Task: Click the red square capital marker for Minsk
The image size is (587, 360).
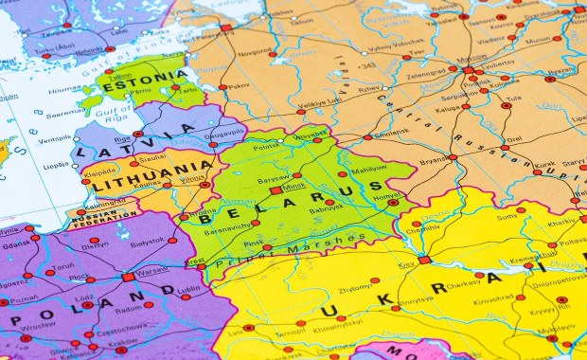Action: (x=276, y=189)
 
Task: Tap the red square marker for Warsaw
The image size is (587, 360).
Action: (x=128, y=277)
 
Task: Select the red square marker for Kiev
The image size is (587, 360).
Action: (x=424, y=260)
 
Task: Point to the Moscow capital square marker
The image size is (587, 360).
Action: (x=468, y=70)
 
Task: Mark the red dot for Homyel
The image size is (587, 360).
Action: (x=393, y=202)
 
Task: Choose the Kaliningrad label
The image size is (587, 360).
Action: (x=104, y=204)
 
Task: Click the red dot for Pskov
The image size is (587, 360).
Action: (x=223, y=87)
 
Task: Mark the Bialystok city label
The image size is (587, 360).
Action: (x=147, y=243)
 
